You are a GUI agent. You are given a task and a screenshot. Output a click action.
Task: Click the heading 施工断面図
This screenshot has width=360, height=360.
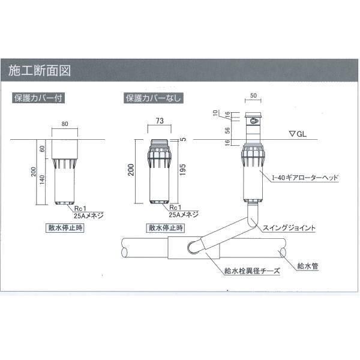click(x=40, y=70)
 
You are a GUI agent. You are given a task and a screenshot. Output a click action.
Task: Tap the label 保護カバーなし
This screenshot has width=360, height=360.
click(x=153, y=98)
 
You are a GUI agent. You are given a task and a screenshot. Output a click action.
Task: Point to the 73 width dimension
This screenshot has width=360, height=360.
click(x=160, y=121)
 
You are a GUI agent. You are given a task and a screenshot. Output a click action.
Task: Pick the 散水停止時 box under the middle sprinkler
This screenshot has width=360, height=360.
click(x=164, y=229)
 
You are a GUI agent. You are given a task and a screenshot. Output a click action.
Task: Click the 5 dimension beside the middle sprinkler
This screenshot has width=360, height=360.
click(x=184, y=139)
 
